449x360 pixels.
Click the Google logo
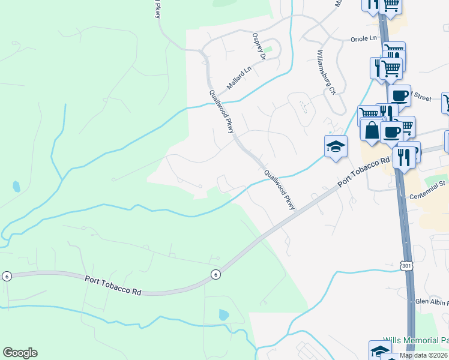click(x=20, y=353)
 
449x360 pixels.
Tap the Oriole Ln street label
click(x=363, y=39)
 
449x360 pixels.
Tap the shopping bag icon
click(x=372, y=130)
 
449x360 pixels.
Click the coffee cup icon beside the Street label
click(x=399, y=95)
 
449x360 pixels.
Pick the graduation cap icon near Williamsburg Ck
click(x=336, y=146)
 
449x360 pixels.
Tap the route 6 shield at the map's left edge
click(x=6, y=275)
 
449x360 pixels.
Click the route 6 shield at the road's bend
click(x=215, y=274)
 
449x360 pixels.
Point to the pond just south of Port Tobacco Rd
click(x=224, y=314)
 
